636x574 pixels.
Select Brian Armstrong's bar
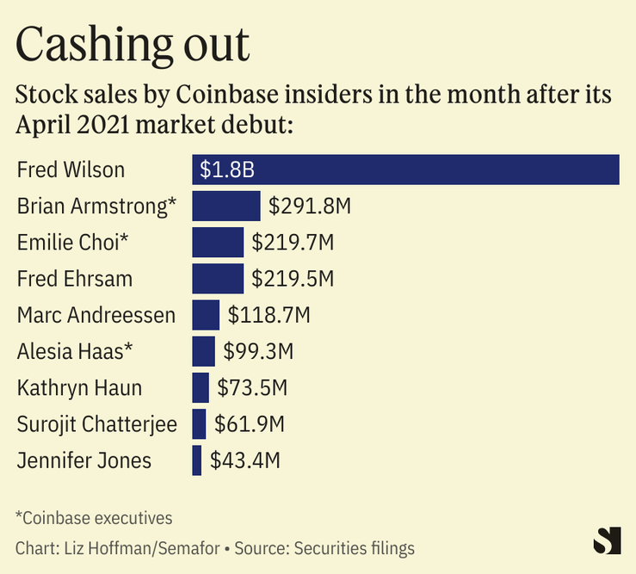pos(225,207)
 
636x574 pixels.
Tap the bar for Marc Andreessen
pos(206,315)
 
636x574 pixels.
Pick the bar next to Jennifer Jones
pos(197,460)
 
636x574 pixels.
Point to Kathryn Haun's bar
pos(201,387)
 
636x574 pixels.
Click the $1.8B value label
pos(227,169)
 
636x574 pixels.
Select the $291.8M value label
pos(310,207)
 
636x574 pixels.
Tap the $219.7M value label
pos(293,243)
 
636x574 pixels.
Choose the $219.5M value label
pos(293,279)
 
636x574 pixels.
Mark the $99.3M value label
pos(258,351)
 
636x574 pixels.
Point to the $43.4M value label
pos(245,460)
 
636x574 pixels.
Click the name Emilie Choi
pos(72,243)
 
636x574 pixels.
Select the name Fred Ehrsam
pos(75,279)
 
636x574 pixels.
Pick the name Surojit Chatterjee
pos(96,423)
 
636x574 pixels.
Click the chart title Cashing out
pos(133,45)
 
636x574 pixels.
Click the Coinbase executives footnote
pos(94,518)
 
